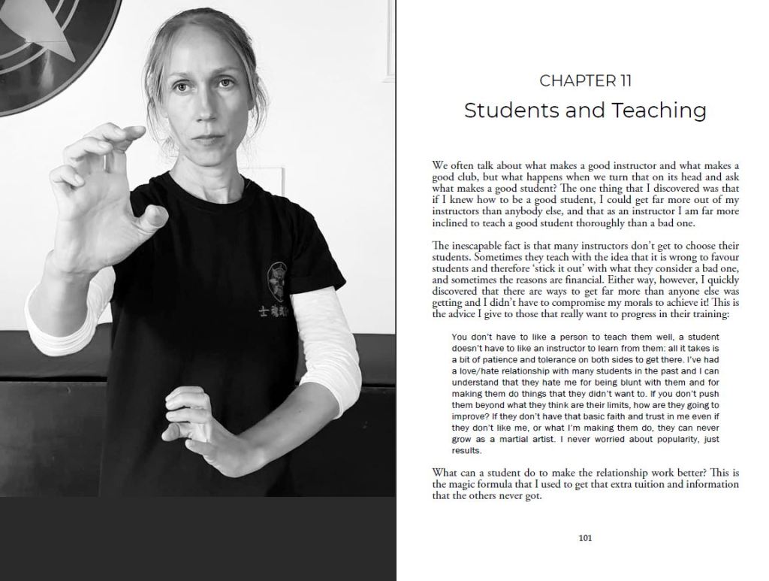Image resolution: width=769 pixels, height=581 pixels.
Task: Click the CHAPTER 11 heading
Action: click(x=585, y=80)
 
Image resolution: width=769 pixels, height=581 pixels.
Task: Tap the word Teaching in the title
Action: click(x=659, y=110)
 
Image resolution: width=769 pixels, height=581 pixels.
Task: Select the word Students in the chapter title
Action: click(x=510, y=110)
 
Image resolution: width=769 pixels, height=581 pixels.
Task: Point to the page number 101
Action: click(x=585, y=537)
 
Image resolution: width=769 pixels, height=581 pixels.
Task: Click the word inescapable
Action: click(x=481, y=246)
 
